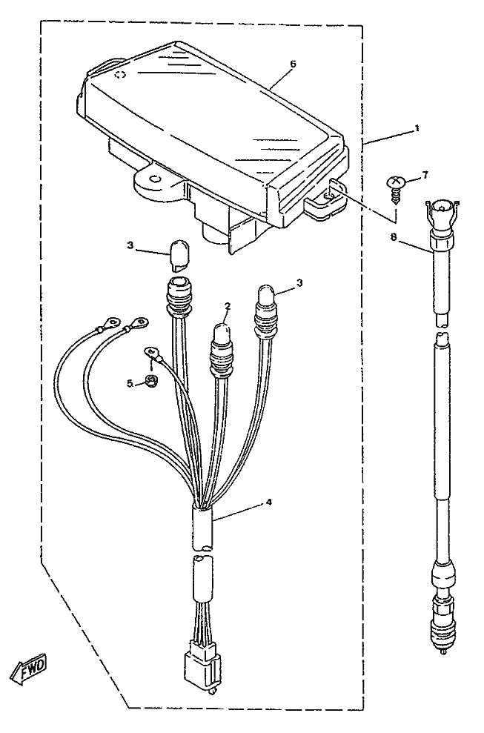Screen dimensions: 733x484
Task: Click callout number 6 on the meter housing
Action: pos(293,64)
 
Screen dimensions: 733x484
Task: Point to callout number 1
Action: pos(417,128)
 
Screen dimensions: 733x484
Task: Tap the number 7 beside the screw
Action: pos(425,174)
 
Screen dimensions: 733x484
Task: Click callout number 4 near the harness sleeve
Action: pos(269,503)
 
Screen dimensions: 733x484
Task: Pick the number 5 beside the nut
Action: pos(129,383)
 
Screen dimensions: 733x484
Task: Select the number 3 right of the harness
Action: pos(299,282)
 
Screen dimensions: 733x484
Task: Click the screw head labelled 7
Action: pos(397,182)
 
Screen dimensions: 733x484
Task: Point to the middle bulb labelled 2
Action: pos(221,334)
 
